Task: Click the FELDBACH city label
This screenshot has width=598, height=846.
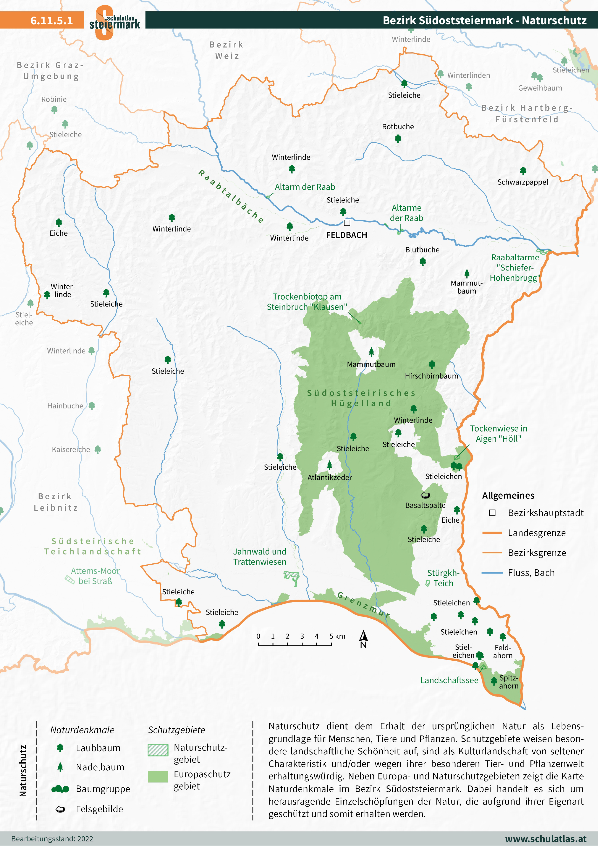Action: [346, 235]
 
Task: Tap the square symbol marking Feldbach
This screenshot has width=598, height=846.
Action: [347, 223]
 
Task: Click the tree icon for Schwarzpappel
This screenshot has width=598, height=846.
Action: [523, 171]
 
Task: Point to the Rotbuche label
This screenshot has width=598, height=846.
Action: [398, 127]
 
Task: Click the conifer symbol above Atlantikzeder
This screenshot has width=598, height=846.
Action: [329, 465]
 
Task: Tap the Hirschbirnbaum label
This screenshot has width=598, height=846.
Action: [431, 376]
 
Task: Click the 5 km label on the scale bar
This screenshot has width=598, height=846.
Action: [337, 636]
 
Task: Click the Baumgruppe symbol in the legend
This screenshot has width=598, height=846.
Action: [60, 789]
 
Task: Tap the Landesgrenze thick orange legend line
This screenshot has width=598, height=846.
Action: [492, 533]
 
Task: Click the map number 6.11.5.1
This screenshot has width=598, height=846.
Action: [52, 20]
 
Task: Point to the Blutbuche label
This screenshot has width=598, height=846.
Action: [422, 250]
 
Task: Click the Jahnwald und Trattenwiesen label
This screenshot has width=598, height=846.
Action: [259, 557]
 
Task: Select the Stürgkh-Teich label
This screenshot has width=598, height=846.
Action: [443, 578]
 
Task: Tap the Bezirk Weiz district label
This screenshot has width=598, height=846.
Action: [227, 50]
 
